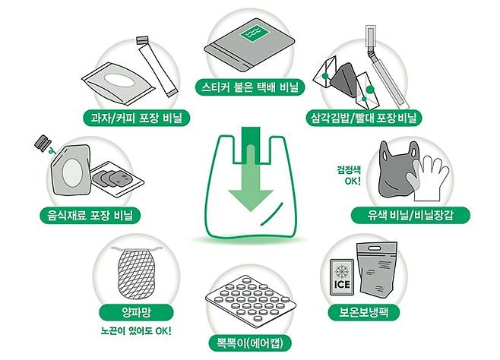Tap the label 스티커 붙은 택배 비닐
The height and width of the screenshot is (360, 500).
coord(250,87)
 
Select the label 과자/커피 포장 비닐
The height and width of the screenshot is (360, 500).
coord(137,118)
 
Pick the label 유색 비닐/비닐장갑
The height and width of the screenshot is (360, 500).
coord(414,215)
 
